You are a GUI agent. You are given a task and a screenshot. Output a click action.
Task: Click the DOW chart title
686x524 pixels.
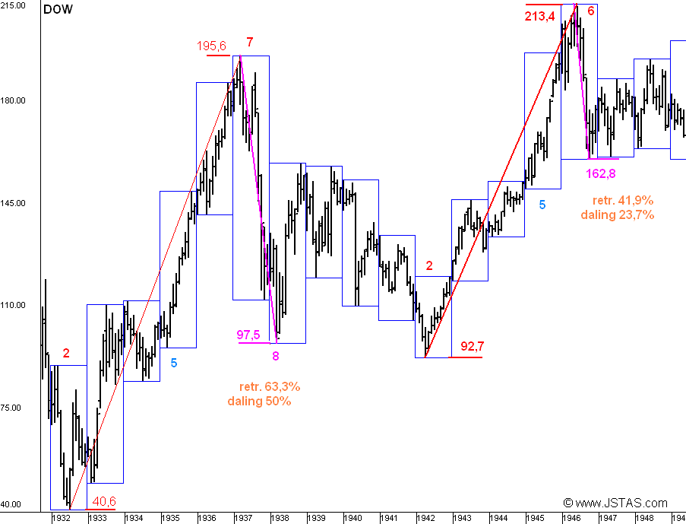[58, 10]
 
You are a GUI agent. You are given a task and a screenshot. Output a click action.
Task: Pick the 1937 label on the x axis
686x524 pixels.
[243, 518]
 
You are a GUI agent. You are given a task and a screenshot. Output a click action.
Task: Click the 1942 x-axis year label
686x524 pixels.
[426, 518]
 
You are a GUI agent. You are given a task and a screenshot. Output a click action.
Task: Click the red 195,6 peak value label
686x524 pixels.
[212, 46]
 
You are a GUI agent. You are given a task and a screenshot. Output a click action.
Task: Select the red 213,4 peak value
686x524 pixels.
[539, 16]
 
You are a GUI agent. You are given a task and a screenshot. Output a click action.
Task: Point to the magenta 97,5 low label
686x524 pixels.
[248, 335]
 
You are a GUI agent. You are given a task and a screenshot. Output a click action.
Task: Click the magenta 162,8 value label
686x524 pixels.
[601, 173]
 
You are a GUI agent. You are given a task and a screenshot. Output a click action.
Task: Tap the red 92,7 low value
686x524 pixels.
[473, 347]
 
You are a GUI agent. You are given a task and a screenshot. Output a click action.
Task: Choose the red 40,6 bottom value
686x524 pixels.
[104, 501]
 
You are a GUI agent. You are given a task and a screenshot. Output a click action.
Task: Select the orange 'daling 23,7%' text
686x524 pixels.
[618, 214]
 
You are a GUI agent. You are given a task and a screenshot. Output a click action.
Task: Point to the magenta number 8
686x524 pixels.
[276, 354]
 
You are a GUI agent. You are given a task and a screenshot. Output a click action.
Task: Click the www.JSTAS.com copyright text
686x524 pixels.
[615, 503]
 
